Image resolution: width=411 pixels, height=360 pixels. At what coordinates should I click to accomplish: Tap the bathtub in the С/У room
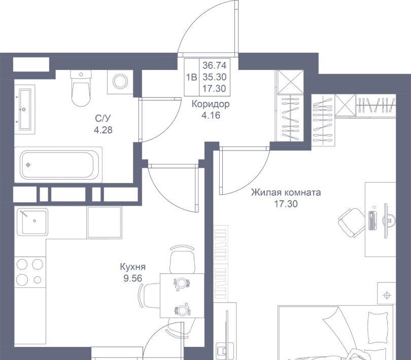click(58, 165)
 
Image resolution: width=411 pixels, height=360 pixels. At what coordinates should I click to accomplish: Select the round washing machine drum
click(120, 81)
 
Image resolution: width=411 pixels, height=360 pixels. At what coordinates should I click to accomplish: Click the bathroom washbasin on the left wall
click(25, 109)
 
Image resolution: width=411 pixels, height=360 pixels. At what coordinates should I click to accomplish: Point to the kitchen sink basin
click(32, 222)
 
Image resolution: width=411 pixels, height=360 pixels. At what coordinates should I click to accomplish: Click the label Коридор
click(211, 104)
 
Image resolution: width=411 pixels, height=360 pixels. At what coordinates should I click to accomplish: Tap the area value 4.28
click(104, 130)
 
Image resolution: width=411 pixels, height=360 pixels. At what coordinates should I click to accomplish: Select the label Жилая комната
click(286, 193)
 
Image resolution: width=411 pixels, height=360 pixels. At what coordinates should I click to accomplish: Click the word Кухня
click(132, 267)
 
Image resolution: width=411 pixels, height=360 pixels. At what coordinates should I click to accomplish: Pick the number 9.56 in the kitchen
click(132, 278)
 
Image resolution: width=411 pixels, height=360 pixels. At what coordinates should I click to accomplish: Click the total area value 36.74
click(215, 65)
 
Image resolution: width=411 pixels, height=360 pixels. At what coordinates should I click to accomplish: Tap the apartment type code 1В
click(191, 77)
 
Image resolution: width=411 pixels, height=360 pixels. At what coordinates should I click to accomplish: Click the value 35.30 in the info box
click(215, 77)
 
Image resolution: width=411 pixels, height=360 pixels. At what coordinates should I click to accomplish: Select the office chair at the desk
click(351, 223)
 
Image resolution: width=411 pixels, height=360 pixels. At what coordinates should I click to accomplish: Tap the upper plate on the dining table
click(181, 283)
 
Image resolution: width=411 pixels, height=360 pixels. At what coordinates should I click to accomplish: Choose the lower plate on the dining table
click(182, 310)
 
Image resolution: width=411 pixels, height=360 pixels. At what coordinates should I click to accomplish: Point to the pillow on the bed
click(378, 327)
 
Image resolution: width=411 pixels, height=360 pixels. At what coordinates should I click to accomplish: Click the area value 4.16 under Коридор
click(211, 115)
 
